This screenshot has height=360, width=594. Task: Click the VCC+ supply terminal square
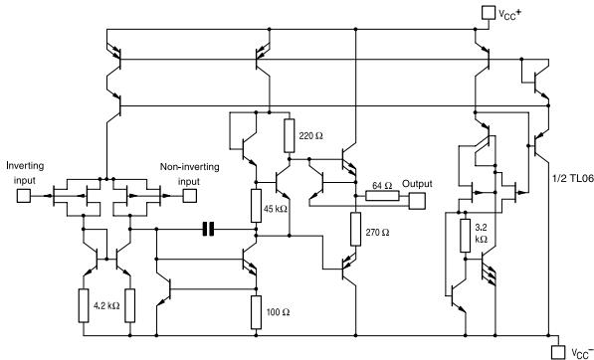click(488, 13)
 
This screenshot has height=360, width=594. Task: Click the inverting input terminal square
click(23, 196)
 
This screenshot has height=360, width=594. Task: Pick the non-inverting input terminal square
click(189, 196)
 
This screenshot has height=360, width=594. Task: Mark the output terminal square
click(418, 201)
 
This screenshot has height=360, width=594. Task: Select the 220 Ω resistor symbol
click(289, 131)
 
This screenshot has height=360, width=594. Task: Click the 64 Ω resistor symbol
click(380, 196)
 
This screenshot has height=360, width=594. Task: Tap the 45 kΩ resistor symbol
click(257, 205)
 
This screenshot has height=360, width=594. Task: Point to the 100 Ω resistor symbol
click(257, 310)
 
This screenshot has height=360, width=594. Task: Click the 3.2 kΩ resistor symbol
click(464, 235)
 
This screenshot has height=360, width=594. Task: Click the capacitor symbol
click(208, 230)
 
